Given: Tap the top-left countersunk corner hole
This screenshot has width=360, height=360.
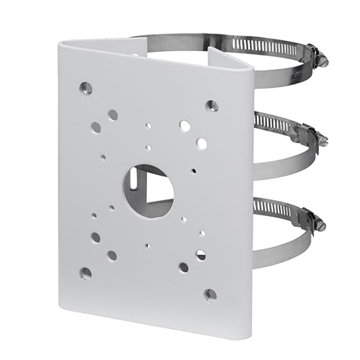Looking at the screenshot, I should coord(86,89).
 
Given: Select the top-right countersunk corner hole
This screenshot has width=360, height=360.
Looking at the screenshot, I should coord(212,106).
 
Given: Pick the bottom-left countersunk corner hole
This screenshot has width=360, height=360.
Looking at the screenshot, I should coord(86,273).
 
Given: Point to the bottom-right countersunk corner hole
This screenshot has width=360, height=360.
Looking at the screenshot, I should coord(210,294).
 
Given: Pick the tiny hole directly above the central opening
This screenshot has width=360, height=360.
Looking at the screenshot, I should coord(148,148).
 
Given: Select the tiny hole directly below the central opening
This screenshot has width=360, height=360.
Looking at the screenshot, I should coord(148,245).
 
